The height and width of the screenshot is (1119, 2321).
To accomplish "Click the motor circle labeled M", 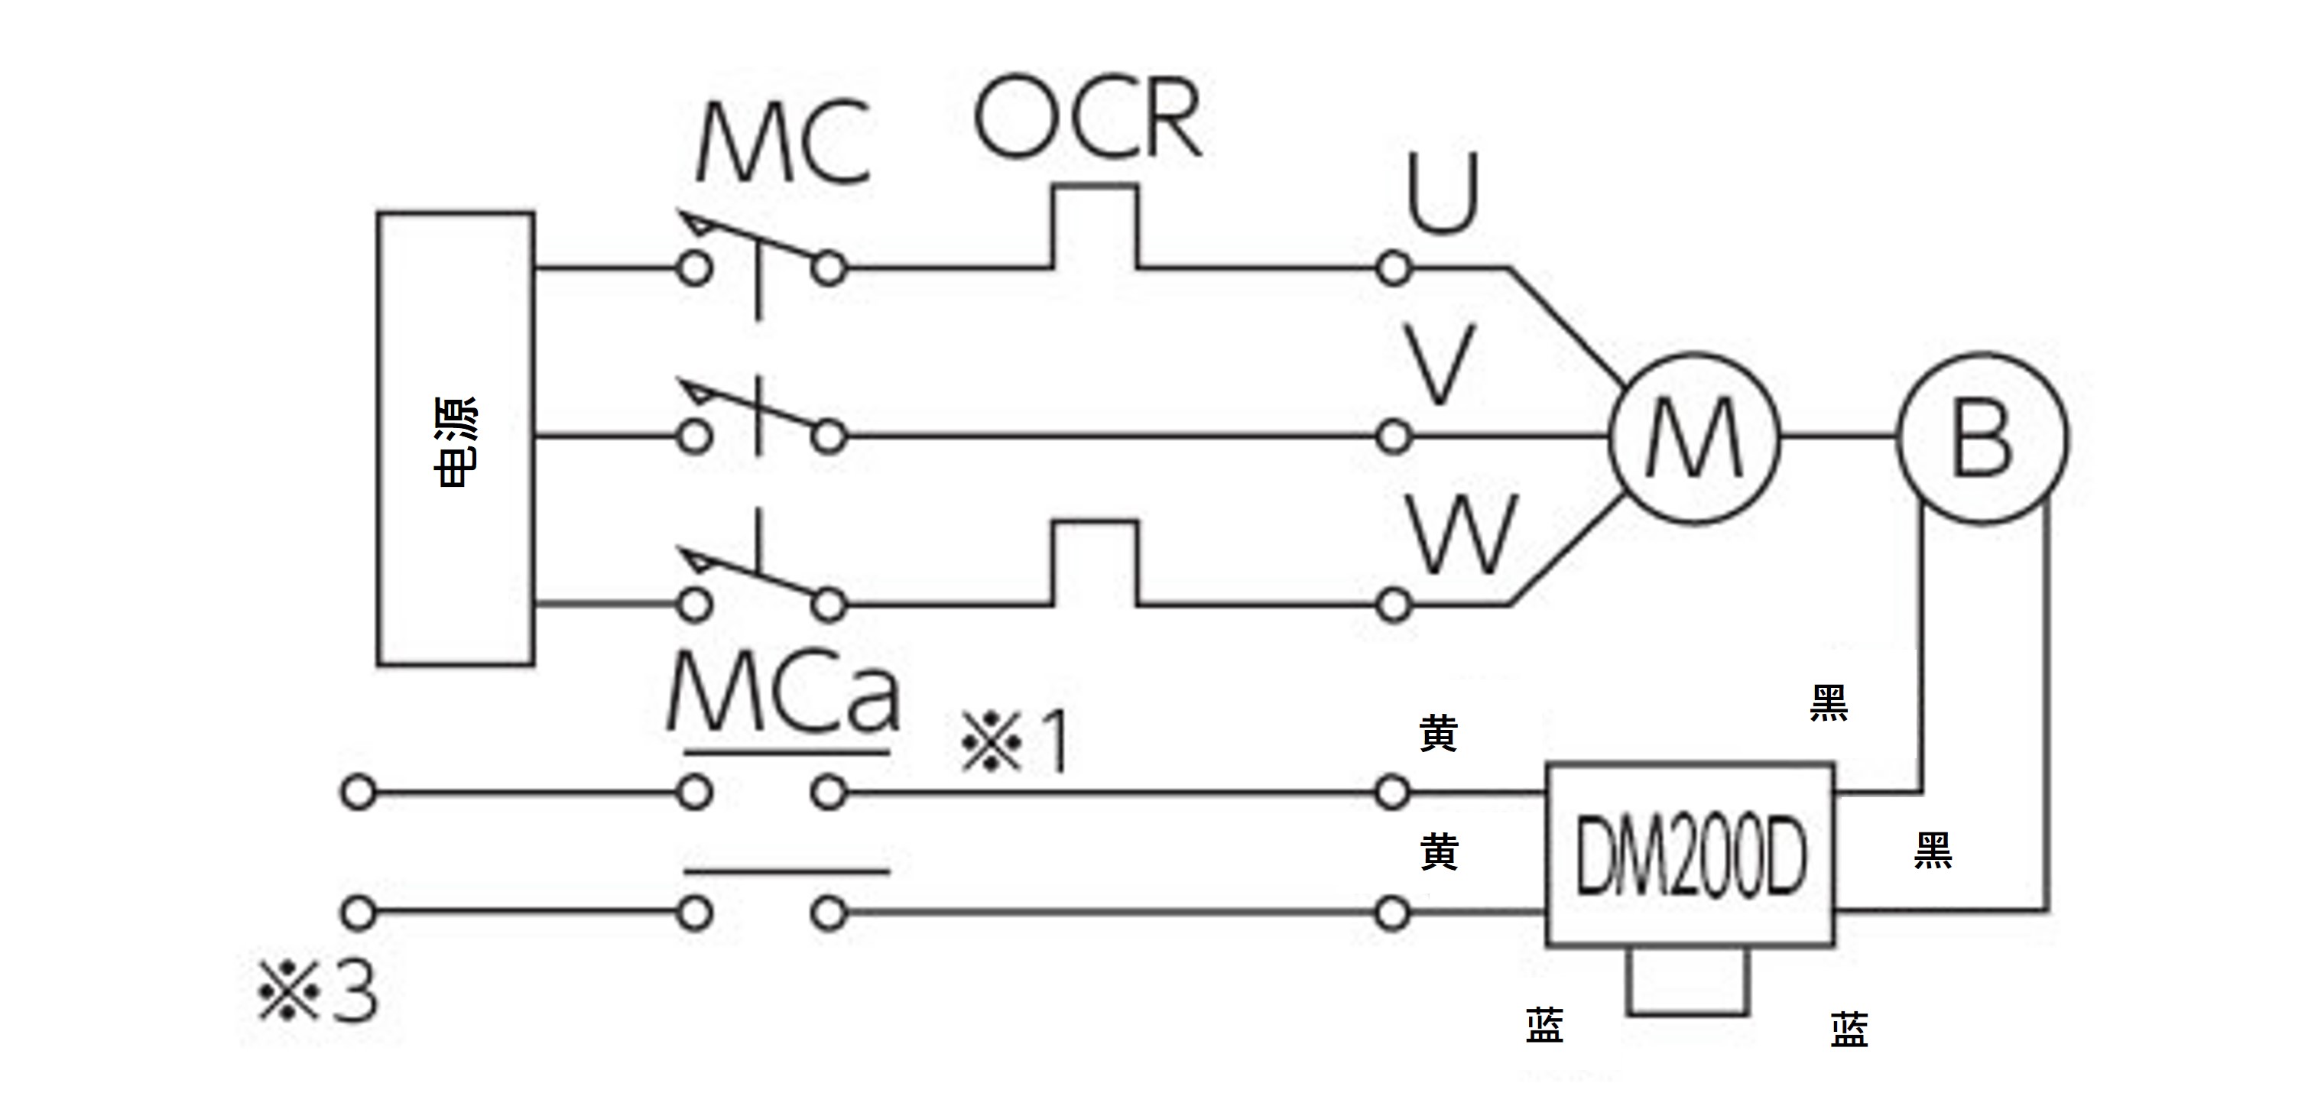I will (x=1694, y=438).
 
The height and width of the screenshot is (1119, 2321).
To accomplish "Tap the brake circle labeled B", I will (x=1982, y=438).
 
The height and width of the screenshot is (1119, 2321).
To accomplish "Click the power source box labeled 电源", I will (x=455, y=439).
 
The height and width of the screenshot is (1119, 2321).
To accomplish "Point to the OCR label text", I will (x=1089, y=119).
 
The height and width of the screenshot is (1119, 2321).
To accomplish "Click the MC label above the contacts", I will (x=782, y=144).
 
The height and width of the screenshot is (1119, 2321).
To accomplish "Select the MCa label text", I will (x=782, y=694).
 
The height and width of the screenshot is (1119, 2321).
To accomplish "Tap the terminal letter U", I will (x=1443, y=193).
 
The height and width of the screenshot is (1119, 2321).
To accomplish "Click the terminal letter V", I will (x=1441, y=365).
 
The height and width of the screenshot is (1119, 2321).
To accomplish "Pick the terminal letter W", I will (x=1462, y=535).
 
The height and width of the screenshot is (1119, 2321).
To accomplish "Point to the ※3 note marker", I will (x=317, y=991).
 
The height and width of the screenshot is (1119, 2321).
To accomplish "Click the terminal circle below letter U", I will (x=1394, y=268).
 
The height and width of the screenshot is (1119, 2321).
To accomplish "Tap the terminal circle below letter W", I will (x=1394, y=605).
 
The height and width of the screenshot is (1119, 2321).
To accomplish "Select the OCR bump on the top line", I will (x=1095, y=225).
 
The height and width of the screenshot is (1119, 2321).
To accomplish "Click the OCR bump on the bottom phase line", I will (x=1095, y=563).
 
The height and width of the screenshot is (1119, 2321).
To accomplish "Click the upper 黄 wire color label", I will (x=1438, y=735).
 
